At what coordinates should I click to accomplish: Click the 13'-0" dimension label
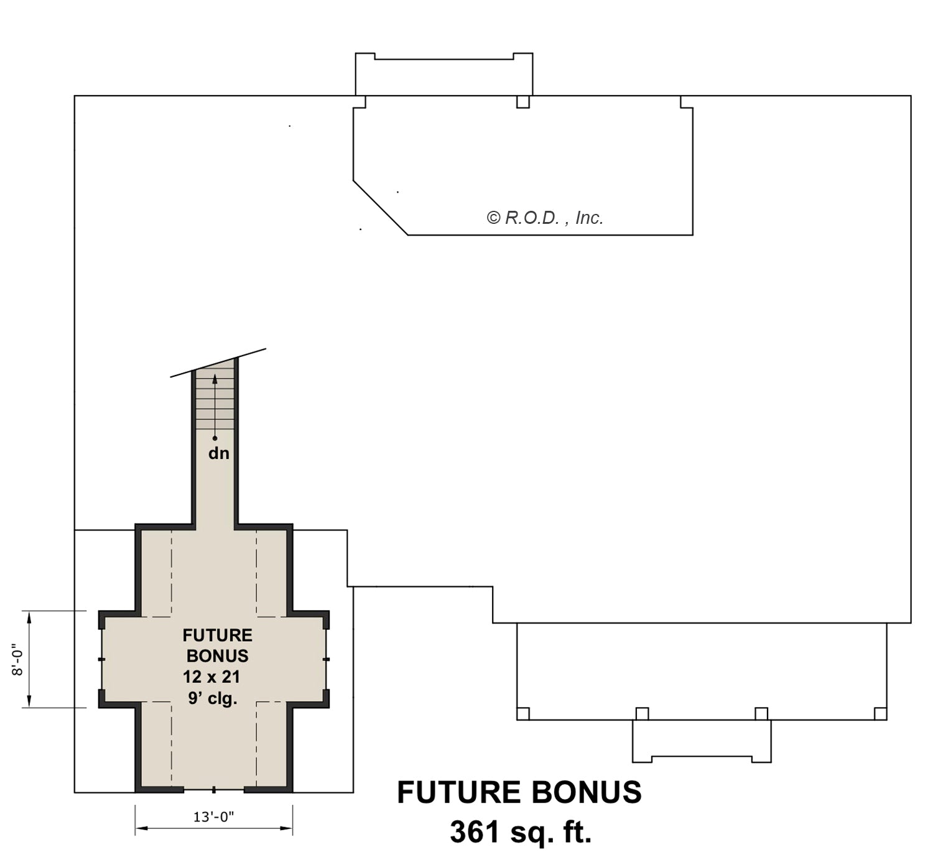click(x=214, y=817)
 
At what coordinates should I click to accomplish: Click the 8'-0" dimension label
click(x=17, y=659)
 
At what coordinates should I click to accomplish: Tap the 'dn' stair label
click(x=219, y=453)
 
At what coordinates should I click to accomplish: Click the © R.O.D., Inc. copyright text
click(x=545, y=218)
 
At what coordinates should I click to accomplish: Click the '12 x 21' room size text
click(x=211, y=677)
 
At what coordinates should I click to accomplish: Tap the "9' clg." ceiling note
click(x=213, y=698)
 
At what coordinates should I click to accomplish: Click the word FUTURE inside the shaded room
click(x=218, y=636)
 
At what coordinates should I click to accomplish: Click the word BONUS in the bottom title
click(x=587, y=792)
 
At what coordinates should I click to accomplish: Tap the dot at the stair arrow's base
click(x=215, y=438)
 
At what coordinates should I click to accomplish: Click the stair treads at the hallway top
click(x=215, y=399)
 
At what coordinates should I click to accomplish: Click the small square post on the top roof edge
click(x=523, y=102)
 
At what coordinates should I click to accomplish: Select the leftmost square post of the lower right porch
click(x=523, y=713)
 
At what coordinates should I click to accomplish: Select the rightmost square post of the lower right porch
click(x=880, y=713)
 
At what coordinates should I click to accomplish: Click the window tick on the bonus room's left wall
click(x=101, y=659)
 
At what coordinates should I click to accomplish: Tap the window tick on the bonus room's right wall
click(x=327, y=659)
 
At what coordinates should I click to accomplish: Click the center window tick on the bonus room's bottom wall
click(x=214, y=790)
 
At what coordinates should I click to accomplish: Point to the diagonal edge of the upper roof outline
click(x=381, y=208)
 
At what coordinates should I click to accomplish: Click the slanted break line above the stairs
click(x=218, y=363)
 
